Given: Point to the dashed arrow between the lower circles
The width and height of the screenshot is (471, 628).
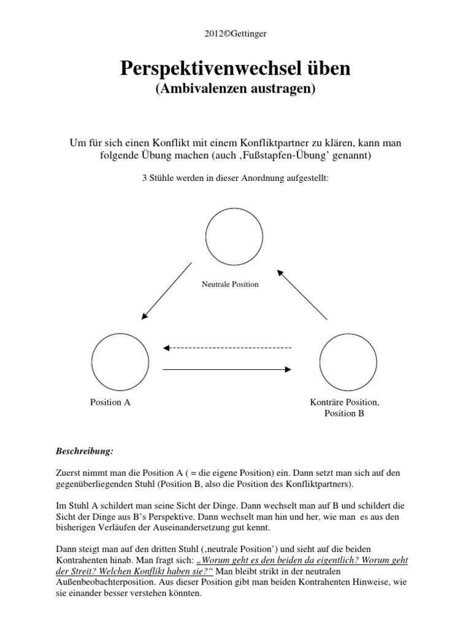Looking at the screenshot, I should click(x=227, y=348).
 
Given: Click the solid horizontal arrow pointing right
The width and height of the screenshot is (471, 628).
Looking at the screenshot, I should click(x=227, y=369).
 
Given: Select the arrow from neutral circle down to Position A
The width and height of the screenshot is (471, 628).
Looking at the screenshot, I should click(x=167, y=291).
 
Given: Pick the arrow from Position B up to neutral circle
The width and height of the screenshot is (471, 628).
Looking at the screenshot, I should click(x=302, y=294).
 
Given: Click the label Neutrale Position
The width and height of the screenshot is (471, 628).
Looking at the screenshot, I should click(x=230, y=284).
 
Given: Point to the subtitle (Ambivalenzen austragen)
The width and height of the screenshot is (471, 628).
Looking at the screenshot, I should click(x=235, y=89).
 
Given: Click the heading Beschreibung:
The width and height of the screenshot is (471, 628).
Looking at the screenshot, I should click(x=84, y=451).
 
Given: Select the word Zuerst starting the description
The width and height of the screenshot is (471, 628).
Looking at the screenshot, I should click(x=69, y=473).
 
